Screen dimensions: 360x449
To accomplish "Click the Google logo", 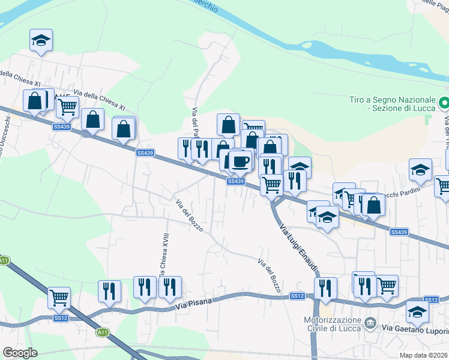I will [x=20, y=353].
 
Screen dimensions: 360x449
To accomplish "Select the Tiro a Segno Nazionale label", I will [x=393, y=103].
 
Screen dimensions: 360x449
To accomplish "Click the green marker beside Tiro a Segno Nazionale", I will [x=444, y=103].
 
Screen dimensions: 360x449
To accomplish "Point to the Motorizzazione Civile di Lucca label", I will [x=328, y=325].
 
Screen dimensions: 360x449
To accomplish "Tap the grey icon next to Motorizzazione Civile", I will [x=371, y=325].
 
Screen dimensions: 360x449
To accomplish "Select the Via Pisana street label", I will [x=196, y=305].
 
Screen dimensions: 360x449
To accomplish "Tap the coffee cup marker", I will [x=240, y=161].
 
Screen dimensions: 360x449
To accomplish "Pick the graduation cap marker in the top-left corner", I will [x=41, y=40].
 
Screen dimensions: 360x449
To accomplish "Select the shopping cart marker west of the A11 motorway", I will [x=59, y=297].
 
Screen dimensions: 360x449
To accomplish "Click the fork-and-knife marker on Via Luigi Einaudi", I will [x=325, y=287].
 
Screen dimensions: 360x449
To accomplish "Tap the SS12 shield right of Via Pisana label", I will [x=298, y=296].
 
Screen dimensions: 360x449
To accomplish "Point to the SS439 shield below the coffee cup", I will [x=236, y=181].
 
